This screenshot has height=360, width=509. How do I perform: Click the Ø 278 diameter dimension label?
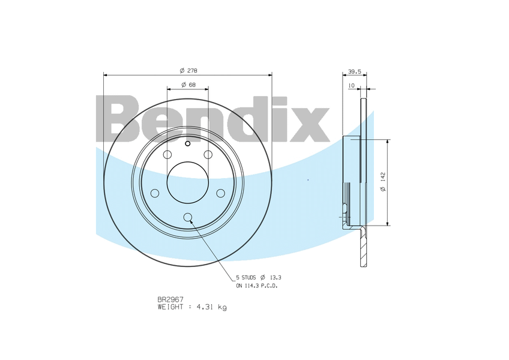[x=188, y=70]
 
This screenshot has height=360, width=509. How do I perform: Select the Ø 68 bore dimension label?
[x=188, y=85]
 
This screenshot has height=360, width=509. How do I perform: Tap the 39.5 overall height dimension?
[x=355, y=72]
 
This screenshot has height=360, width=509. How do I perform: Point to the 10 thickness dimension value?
[x=351, y=85]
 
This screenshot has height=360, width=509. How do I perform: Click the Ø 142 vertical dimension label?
[x=383, y=182]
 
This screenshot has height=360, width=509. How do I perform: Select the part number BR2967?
[x=170, y=299]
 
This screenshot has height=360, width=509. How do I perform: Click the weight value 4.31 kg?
[x=212, y=307]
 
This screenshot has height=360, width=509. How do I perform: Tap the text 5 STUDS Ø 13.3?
[x=258, y=278]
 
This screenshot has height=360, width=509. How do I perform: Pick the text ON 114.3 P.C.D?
[x=257, y=286]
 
